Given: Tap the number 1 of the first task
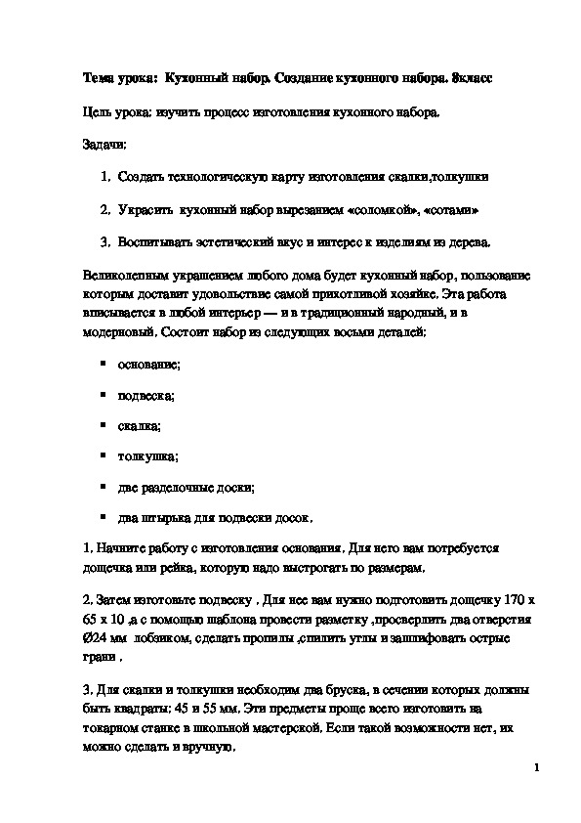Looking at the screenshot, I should coord(104,177).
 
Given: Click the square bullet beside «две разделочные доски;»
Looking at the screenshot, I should coord(104,486).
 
